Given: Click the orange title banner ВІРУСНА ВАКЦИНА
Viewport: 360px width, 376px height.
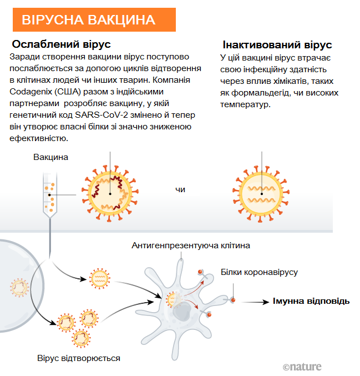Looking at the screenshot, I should [x=94, y=20].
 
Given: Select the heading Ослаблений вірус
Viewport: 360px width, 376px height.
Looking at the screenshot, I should [x=62, y=44].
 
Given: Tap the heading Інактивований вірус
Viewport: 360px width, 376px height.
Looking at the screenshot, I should [x=277, y=45].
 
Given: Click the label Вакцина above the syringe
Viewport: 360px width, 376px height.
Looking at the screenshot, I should [x=50, y=157].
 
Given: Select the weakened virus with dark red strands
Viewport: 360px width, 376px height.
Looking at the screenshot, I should [x=110, y=192].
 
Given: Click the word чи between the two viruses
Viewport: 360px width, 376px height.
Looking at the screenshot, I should [x=180, y=189].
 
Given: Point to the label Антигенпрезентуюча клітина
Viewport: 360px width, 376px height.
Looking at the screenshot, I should [x=191, y=245].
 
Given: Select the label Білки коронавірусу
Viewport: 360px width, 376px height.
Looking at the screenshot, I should [x=259, y=272].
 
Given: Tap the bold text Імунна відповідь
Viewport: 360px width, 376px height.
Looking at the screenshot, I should [x=311, y=301].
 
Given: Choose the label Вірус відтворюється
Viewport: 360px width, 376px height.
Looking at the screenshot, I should [x=79, y=358].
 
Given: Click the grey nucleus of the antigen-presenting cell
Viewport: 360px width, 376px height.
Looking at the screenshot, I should [x=180, y=313].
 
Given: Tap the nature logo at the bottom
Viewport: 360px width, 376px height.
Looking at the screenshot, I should [x=302, y=367].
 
